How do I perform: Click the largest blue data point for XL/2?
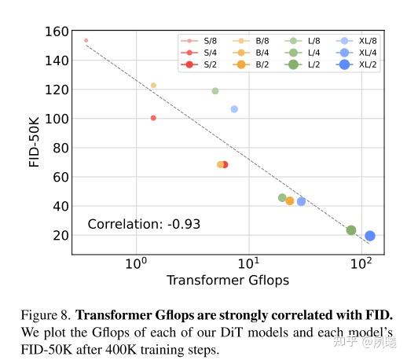pyautogui.click(x=369, y=236)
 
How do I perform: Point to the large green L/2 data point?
pyautogui.click(x=351, y=230)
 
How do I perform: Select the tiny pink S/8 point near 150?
pyautogui.click(x=86, y=40)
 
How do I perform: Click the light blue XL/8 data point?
pyautogui.click(x=234, y=109)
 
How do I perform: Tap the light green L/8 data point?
pyautogui.click(x=215, y=91)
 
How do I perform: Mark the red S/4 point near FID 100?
pyautogui.click(x=153, y=118)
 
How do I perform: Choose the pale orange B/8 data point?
pyautogui.click(x=153, y=86)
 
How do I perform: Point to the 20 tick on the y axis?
pyautogui.click(x=60, y=236)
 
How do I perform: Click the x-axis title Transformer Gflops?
pyautogui.click(x=227, y=281)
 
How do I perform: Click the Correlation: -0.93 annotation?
pyautogui.click(x=144, y=224)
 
